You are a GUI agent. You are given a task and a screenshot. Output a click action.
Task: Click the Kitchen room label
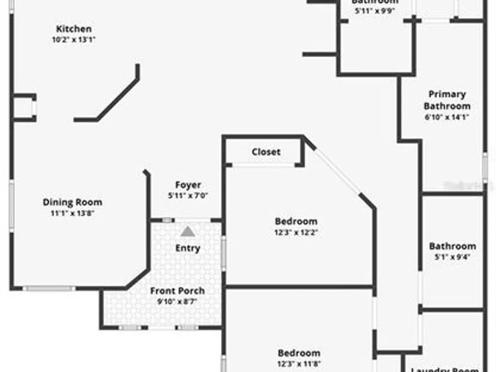click(x=73, y=29)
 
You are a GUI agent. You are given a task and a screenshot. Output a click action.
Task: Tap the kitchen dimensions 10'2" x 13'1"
click(x=73, y=40)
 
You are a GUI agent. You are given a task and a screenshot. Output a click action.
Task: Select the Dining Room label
click(x=72, y=202)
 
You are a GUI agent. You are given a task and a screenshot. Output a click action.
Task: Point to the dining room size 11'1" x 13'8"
click(x=72, y=213)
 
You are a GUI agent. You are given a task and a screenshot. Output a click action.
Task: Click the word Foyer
click(x=188, y=185)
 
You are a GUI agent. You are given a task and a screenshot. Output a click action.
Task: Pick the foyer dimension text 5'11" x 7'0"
click(x=188, y=195)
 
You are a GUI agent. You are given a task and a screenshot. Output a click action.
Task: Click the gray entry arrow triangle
click(x=187, y=231)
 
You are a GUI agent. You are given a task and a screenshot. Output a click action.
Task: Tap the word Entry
click(x=188, y=248)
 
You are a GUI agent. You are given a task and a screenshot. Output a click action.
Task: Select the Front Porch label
click(x=178, y=291)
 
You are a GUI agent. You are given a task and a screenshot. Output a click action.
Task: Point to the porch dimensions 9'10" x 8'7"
click(x=178, y=301)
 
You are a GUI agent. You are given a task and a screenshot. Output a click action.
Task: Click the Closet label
click(x=266, y=152)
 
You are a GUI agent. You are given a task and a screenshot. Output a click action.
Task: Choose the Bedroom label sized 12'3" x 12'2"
click(x=296, y=221)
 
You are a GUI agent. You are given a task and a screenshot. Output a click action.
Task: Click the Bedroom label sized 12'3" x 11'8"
click(x=299, y=353)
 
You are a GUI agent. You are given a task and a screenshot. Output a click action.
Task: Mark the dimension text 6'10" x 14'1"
click(x=447, y=117)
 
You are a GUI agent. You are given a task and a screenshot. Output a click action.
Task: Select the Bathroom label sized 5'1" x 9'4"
click(x=452, y=246)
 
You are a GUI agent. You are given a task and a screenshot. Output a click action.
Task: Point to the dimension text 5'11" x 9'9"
click(x=375, y=11)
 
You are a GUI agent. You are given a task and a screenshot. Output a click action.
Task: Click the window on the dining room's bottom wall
click(x=49, y=288)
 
